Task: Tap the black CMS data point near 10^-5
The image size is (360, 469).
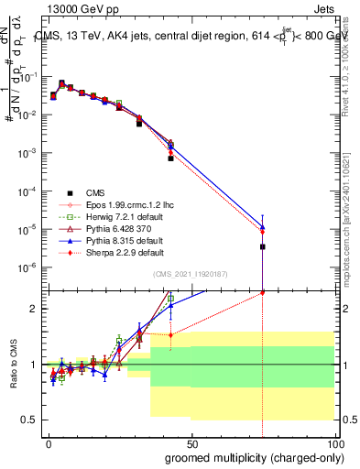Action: (x=263, y=246)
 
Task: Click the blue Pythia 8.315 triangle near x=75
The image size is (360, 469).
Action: (x=263, y=227)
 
